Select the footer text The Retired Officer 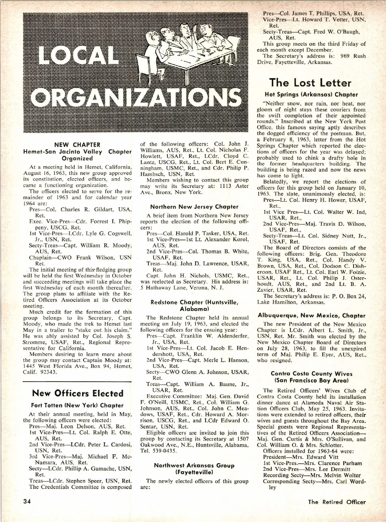[336, 502]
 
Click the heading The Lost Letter [310, 83]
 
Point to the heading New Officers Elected [78, 393]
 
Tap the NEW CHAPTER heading [77, 145]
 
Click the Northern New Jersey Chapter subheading [194, 207]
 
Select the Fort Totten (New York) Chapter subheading [77, 406]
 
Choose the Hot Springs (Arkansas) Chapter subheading [311, 95]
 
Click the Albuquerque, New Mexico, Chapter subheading [311, 316]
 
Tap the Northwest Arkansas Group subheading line [194, 465]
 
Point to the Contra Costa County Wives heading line [311, 374]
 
